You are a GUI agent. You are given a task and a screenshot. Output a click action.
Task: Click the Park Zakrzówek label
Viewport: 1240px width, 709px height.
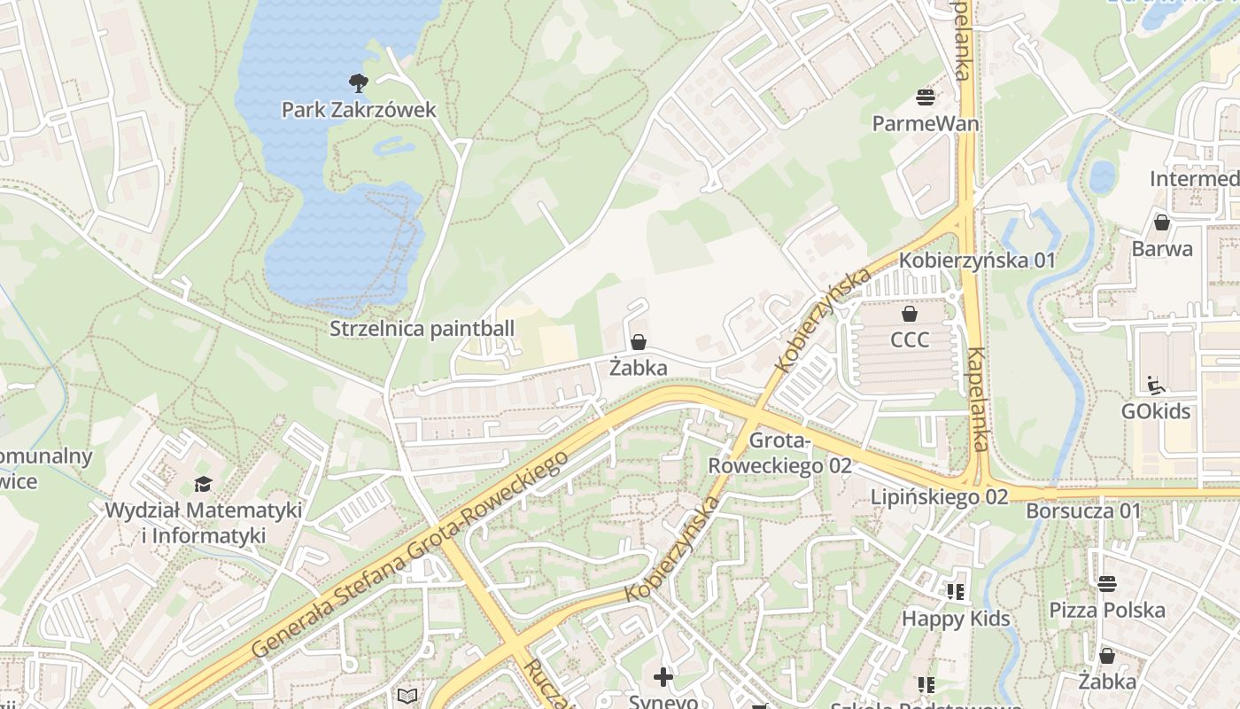tap(359, 110)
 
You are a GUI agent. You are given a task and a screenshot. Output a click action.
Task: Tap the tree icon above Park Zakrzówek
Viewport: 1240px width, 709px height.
tap(359, 83)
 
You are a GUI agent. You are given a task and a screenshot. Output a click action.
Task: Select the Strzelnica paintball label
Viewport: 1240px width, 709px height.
tap(422, 329)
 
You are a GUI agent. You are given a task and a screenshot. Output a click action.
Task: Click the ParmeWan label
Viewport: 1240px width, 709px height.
tap(926, 123)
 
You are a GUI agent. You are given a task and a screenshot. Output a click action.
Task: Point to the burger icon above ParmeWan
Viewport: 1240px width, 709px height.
tap(926, 97)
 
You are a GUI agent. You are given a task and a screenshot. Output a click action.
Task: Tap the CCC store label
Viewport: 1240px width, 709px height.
tap(910, 340)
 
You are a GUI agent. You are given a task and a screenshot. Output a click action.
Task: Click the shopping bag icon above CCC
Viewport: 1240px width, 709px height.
tap(910, 314)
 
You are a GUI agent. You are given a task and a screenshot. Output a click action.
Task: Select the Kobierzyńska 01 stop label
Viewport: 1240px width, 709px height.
tap(978, 261)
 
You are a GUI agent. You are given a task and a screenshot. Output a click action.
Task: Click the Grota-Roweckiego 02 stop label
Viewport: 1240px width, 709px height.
tap(779, 454)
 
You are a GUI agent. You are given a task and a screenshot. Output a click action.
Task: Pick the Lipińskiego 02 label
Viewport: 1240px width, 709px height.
tap(939, 497)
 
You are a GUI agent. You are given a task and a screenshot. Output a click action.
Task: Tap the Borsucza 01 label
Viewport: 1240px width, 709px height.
tap(1083, 511)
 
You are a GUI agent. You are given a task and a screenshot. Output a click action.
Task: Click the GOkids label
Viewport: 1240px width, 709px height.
tap(1156, 411)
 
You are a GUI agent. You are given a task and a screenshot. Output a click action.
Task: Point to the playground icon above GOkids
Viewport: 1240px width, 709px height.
tap(1156, 385)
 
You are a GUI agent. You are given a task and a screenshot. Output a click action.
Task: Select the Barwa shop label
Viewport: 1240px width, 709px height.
tap(1162, 249)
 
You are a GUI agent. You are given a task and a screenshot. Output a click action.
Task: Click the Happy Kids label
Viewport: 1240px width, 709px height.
tap(956, 619)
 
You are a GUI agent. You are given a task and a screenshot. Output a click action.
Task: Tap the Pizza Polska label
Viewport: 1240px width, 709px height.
tap(1107, 610)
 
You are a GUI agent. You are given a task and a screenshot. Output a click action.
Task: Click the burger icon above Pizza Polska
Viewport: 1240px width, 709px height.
tap(1107, 584)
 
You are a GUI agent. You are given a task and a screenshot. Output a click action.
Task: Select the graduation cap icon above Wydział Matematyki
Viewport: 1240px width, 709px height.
tap(204, 484)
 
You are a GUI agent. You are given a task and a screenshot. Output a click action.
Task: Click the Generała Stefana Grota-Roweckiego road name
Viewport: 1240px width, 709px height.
tap(409, 555)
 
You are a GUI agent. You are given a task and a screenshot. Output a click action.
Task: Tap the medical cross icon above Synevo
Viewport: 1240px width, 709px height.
tap(663, 678)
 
